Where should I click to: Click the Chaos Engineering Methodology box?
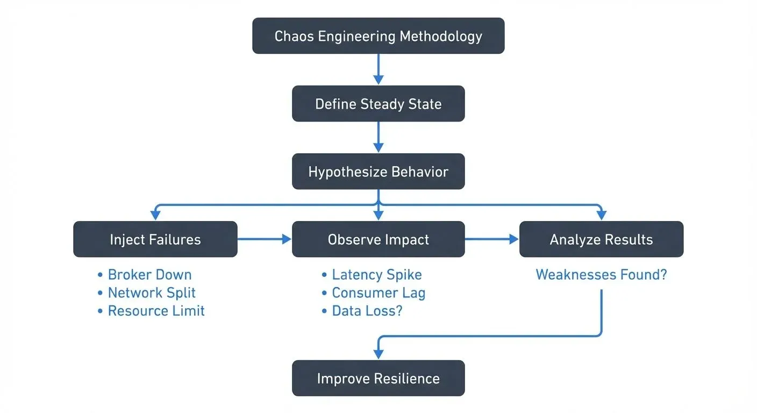[378, 35]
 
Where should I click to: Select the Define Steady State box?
[378, 103]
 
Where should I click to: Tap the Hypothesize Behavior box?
[378, 172]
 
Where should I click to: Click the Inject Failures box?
[155, 239]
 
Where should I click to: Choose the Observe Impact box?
[378, 239]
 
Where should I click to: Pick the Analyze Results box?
[601, 239]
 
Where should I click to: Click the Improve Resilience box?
[378, 378]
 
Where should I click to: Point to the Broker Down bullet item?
[149, 275]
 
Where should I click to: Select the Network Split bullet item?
[151, 293]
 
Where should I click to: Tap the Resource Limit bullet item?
[156, 311]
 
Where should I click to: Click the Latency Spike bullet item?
[376, 275]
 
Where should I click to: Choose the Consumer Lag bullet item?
[378, 293]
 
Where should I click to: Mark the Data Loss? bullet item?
[367, 311]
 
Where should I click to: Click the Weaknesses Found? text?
[601, 275]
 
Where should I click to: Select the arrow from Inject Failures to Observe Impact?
[264, 239]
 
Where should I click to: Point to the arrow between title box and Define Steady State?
[378, 69]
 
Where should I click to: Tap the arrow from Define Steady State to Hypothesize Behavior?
[378, 137]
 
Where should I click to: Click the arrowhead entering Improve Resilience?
[378, 354]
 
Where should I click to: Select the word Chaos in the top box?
[293, 36]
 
